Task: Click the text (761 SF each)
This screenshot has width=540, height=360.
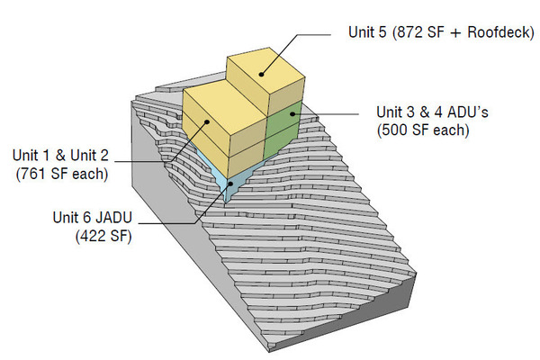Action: tap(61, 172)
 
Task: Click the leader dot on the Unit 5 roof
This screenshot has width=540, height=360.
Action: tap(262, 74)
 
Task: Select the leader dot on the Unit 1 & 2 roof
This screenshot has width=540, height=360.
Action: tap(208, 121)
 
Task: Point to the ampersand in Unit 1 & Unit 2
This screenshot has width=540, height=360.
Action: tap(67, 155)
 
